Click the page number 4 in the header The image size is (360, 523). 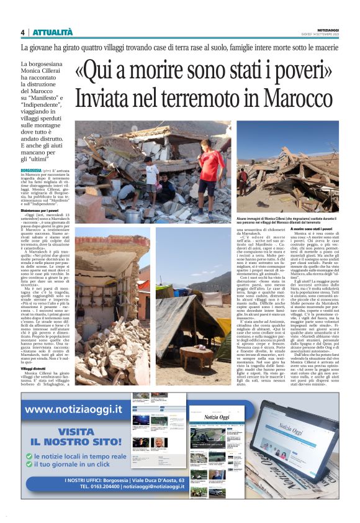[x=22, y=32]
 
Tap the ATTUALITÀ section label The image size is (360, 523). [x=52, y=32]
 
